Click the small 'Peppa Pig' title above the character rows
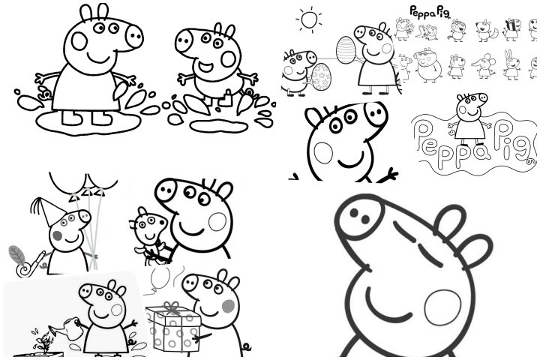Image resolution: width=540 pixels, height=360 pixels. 426,11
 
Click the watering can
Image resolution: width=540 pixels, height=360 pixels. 67,329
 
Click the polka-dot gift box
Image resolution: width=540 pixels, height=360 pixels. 173,331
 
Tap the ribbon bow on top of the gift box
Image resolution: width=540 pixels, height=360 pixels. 173,307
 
